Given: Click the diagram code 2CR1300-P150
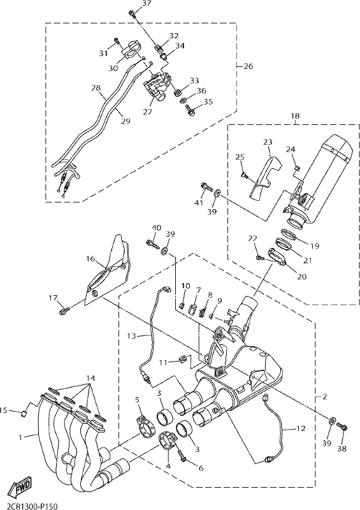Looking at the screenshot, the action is (29, 506).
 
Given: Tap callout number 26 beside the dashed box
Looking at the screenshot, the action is (248, 66).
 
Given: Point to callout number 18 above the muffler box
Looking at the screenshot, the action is (295, 116).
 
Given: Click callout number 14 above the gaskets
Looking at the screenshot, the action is (90, 379).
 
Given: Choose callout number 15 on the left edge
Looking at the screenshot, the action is (4, 411).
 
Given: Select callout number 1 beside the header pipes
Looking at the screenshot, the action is (20, 437).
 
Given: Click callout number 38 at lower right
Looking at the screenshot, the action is (342, 449).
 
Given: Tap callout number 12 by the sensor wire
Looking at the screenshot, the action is (301, 428).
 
